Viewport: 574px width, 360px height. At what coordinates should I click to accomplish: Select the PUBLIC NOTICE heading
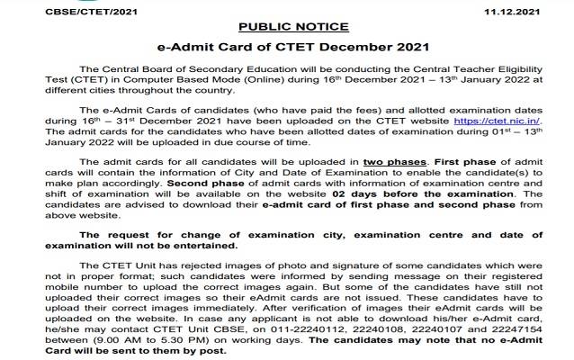click(x=287, y=28)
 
